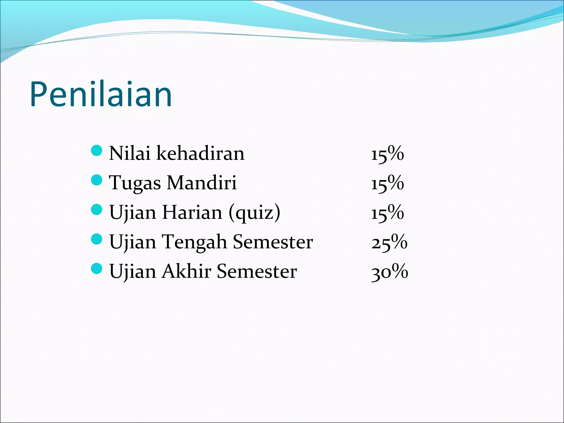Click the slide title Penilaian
pyautogui.click(x=101, y=94)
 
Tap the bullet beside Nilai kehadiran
pyautogui.click(x=96, y=151)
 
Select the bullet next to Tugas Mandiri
pyautogui.click(x=96, y=180)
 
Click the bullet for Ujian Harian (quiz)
pyautogui.click(x=96, y=210)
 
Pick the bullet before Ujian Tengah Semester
pyautogui.click(x=96, y=239)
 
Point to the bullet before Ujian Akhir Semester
pyautogui.click(x=96, y=269)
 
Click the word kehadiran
pyautogui.click(x=200, y=153)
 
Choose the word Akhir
pyautogui.click(x=186, y=272)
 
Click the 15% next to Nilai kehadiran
pyautogui.click(x=387, y=154)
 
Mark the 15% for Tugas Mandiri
pyautogui.click(x=387, y=183)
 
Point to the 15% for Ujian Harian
pyautogui.click(x=387, y=213)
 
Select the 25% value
pyautogui.click(x=389, y=242)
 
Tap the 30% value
pyautogui.click(x=389, y=272)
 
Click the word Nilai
pyautogui.click(x=129, y=153)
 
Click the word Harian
pyautogui.click(x=192, y=213)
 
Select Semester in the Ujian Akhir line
pyautogui.click(x=257, y=272)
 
